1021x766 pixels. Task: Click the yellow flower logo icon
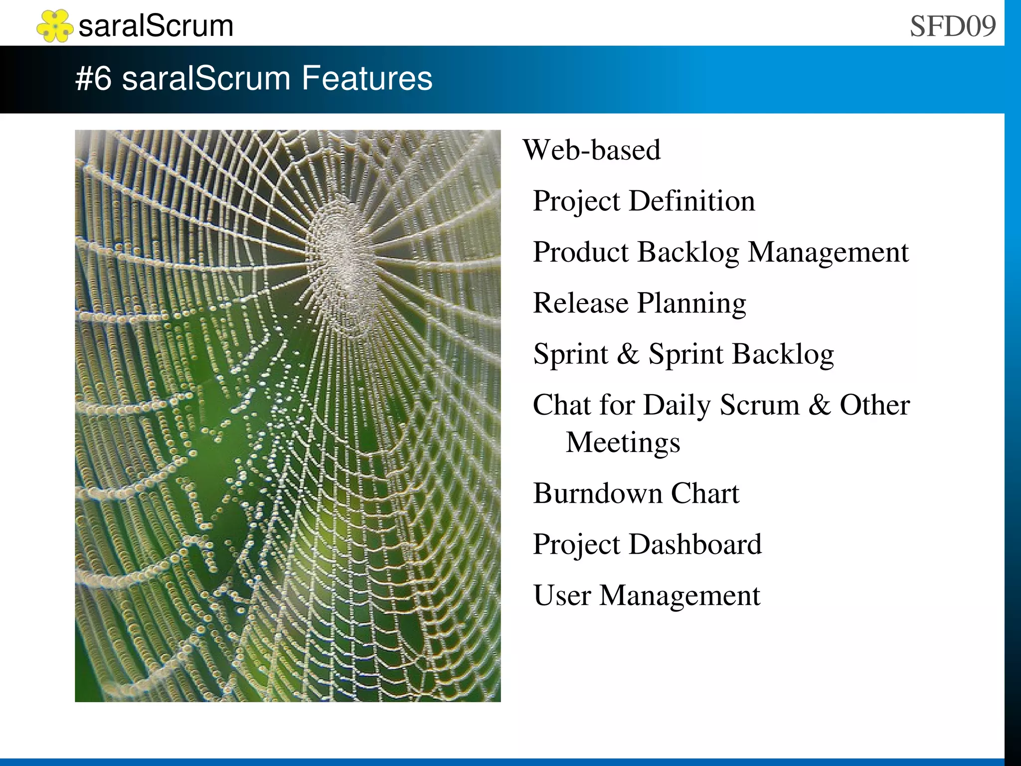(x=54, y=26)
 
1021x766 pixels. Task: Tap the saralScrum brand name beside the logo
(x=156, y=26)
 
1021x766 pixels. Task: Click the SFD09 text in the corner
(x=952, y=26)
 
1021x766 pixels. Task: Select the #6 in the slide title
(x=93, y=79)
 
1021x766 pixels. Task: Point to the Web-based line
(x=591, y=150)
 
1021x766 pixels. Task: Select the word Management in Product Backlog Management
(x=828, y=252)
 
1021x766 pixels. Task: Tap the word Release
(x=580, y=303)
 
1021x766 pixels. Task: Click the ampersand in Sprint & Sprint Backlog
(x=628, y=354)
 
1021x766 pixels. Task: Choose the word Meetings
(x=623, y=443)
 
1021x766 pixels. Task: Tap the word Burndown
(x=597, y=493)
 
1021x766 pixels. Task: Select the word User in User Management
(x=562, y=596)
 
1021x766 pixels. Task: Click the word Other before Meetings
(x=874, y=405)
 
